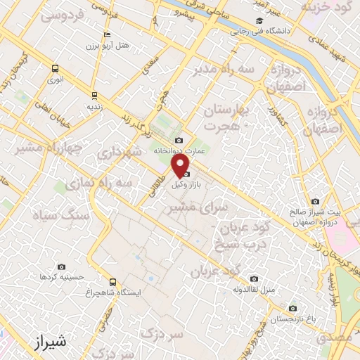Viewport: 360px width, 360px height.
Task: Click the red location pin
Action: [181, 165]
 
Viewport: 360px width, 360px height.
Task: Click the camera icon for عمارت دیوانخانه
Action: [179, 141]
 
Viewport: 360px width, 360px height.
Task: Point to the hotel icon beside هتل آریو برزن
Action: [106, 35]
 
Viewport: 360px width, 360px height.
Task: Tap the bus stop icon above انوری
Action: [55, 68]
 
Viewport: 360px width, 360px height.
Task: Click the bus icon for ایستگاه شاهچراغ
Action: [112, 282]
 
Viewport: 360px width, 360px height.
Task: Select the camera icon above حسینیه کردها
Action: [62, 266]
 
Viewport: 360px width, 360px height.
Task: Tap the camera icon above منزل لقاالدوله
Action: [254, 278]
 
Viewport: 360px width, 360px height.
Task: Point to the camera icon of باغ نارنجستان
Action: [292, 308]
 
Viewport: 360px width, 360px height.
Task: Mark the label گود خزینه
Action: [327, 6]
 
